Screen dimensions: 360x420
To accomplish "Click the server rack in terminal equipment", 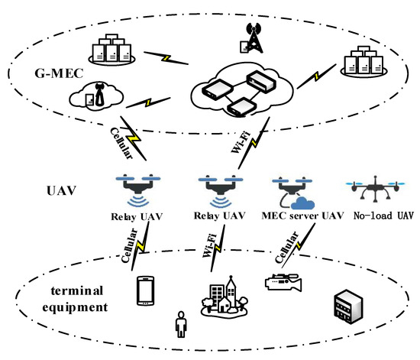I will point(342,306).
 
